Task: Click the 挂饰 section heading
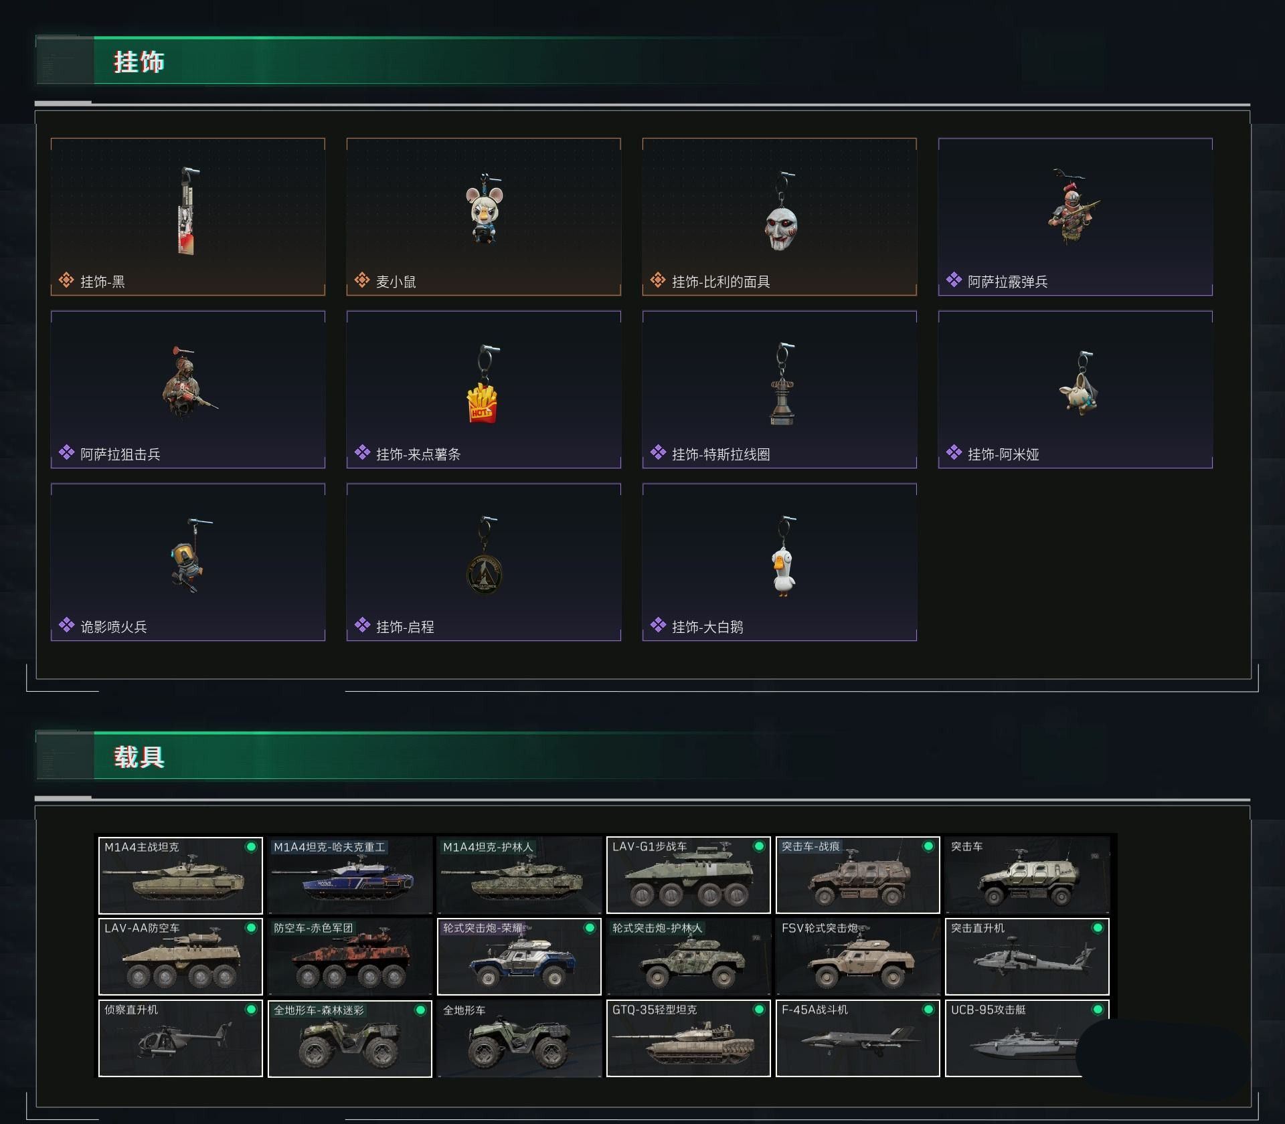point(139,62)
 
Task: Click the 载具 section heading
point(139,757)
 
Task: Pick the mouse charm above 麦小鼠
point(484,213)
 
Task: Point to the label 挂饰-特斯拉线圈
point(720,455)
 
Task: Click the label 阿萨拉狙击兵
point(120,455)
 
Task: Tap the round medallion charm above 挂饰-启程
point(484,574)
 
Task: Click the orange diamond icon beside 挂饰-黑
point(66,280)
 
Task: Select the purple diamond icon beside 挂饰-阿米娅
point(954,453)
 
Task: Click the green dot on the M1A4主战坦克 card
point(251,847)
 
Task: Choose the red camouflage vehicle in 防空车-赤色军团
point(349,963)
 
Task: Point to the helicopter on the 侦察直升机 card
point(181,1040)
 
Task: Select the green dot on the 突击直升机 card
point(1098,928)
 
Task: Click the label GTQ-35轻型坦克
point(655,1010)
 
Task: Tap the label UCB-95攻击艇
point(989,1010)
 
